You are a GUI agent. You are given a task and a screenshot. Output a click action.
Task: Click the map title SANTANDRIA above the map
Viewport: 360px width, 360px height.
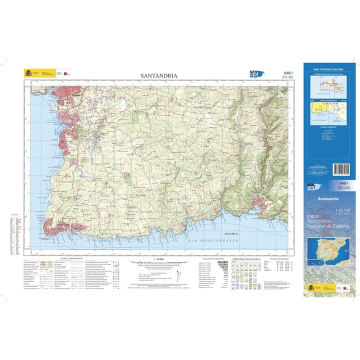(x=159, y=76)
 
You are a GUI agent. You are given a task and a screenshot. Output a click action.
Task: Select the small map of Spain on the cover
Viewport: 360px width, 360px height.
(x=329, y=252)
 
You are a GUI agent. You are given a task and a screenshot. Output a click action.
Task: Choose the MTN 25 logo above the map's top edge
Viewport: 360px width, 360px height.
(x=256, y=74)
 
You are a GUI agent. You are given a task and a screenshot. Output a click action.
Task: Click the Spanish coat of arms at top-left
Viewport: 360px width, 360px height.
(x=28, y=73)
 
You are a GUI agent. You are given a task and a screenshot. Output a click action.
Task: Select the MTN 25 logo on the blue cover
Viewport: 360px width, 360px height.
(x=313, y=186)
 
